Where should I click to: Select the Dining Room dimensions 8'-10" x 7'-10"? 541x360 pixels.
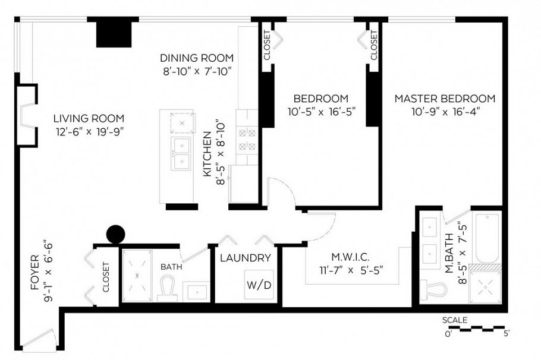pyautogui.click(x=196, y=71)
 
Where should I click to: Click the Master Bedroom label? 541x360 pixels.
pyautogui.click(x=445, y=98)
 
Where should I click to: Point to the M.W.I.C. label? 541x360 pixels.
pyautogui.click(x=350, y=257)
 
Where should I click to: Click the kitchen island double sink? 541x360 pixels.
pyautogui.click(x=181, y=153)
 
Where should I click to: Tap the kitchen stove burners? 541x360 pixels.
pyautogui.click(x=247, y=140)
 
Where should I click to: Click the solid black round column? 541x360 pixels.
pyautogui.click(x=115, y=234)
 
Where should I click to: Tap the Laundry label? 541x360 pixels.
pyautogui.click(x=246, y=258)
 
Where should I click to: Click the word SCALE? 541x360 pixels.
pyautogui.click(x=455, y=320)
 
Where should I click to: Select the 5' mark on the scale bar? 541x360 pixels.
pyautogui.click(x=506, y=334)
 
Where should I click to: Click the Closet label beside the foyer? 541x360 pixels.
pyautogui.click(x=106, y=277)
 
